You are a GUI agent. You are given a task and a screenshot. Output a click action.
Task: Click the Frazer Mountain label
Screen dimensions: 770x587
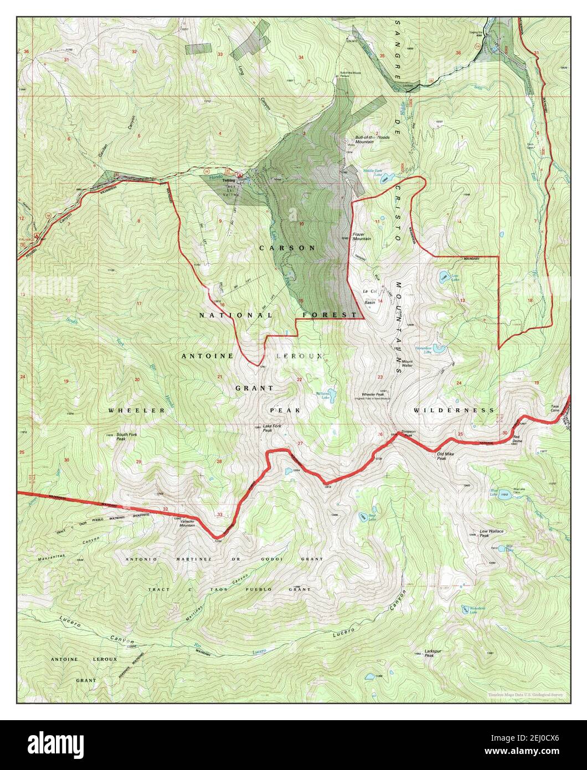(x=362, y=237)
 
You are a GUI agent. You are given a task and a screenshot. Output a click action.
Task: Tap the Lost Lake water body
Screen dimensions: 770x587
(x=445, y=276)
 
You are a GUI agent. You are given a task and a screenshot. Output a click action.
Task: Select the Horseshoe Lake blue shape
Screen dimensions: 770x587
(x=439, y=349)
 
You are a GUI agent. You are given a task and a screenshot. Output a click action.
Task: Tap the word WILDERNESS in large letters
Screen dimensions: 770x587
(x=454, y=410)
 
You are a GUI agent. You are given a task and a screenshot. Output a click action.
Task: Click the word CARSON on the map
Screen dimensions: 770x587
(x=287, y=248)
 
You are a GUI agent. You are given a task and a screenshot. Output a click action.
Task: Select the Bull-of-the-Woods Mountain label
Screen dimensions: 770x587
(x=372, y=139)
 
